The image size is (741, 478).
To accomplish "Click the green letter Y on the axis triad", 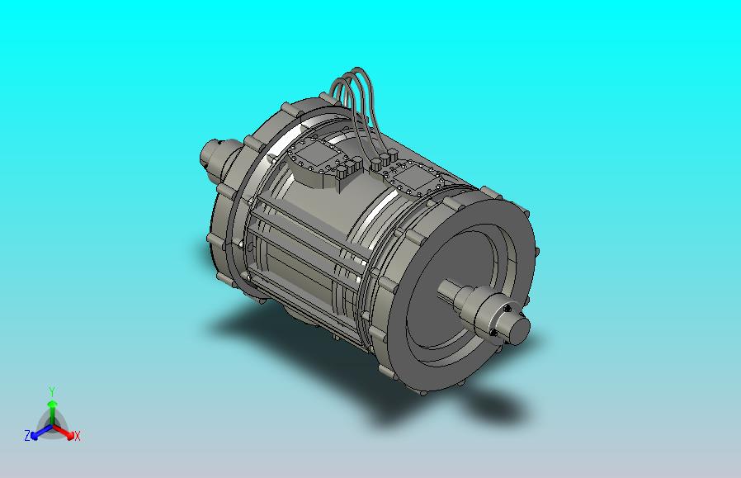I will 51,391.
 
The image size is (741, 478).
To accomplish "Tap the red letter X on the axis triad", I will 77,436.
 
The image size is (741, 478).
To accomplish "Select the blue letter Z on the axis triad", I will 27,435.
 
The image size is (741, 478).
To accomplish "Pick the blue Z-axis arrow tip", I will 35,433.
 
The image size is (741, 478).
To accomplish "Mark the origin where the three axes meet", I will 51,424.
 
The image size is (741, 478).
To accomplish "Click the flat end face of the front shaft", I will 517,329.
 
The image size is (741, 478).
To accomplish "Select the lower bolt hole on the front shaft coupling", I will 493,333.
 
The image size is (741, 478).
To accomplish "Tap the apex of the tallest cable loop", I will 361,73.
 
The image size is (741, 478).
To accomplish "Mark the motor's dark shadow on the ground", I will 462,405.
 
